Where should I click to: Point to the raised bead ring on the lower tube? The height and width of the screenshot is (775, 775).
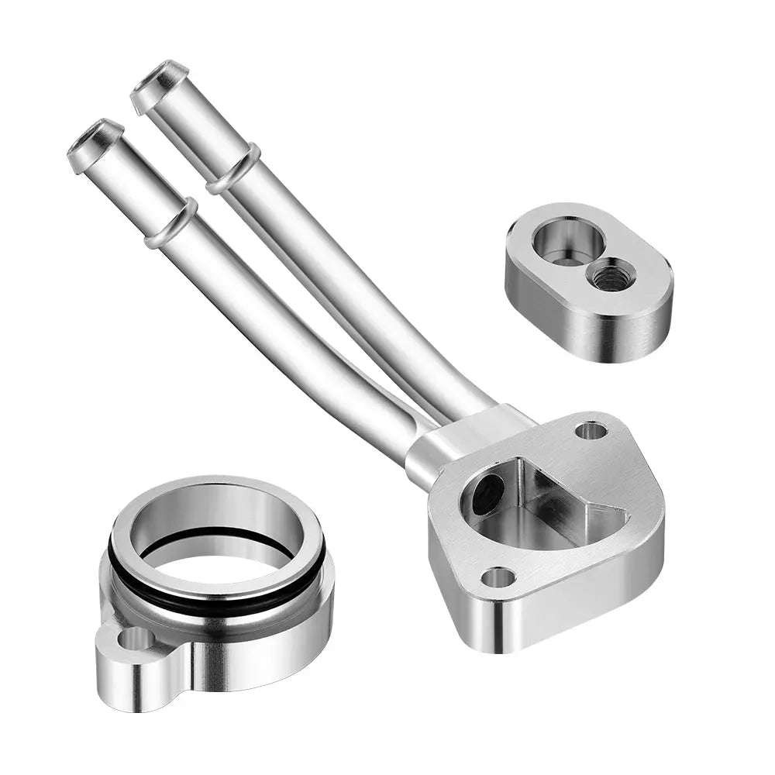(171, 223)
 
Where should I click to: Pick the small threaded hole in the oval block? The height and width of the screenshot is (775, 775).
(612, 274)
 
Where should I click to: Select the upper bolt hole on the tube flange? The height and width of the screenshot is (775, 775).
(591, 430)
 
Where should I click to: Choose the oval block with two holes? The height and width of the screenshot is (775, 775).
(589, 279)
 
